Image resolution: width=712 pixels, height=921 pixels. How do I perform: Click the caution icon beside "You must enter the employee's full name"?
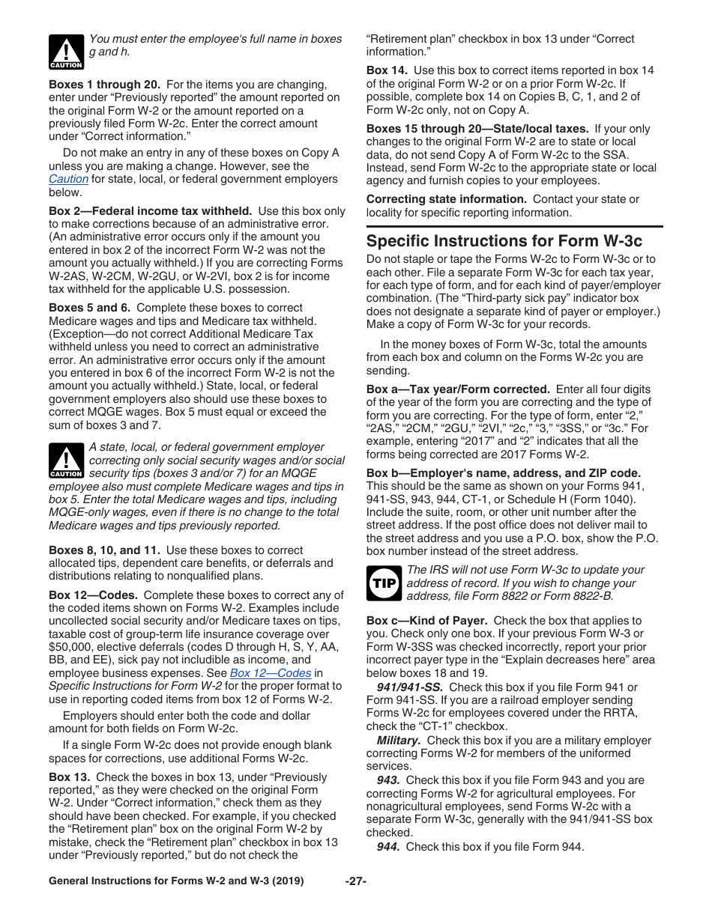coord(65,52)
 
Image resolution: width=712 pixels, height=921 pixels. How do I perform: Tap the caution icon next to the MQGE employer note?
coord(65,460)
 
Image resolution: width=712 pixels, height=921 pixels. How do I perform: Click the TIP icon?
coord(383,583)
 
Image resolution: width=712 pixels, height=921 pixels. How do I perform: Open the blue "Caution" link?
coord(68,179)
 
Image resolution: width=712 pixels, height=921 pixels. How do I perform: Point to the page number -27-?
coord(355,881)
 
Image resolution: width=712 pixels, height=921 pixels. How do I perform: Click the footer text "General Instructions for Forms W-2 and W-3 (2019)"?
coord(176,881)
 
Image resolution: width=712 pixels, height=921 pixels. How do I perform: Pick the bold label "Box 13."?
coord(69,777)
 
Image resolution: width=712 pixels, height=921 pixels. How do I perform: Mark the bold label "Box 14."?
coord(387,70)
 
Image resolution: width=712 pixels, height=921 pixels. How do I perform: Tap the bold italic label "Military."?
coord(398,741)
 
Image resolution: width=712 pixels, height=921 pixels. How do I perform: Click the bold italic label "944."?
coord(388,847)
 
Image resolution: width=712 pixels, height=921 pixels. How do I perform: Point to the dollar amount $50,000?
coord(68,647)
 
